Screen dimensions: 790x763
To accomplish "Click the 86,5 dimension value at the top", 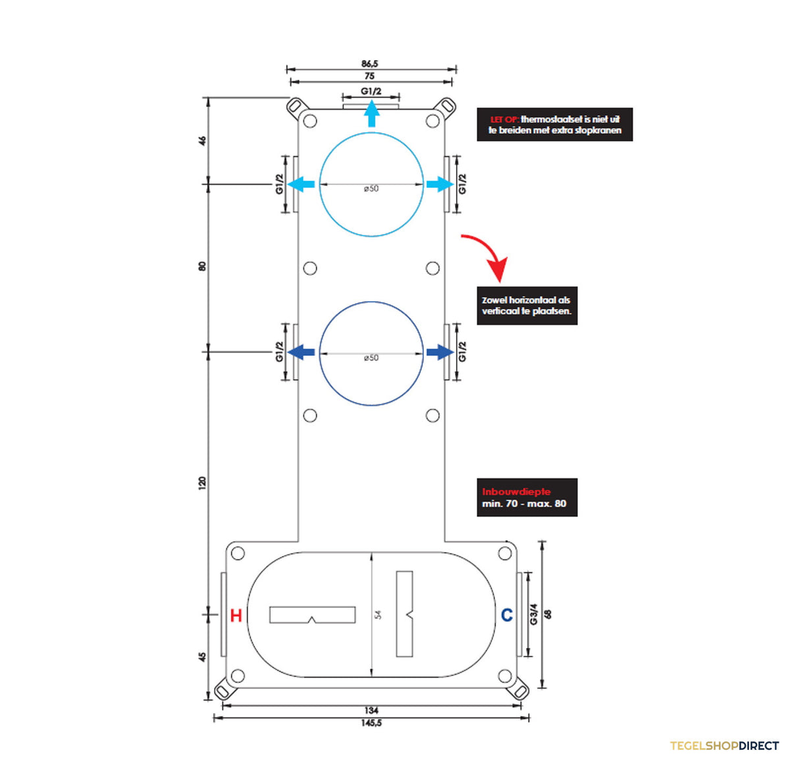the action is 370,63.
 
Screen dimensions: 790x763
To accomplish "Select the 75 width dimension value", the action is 369,76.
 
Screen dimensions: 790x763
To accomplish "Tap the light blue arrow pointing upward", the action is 371,113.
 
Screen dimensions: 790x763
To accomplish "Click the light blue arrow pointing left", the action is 301,184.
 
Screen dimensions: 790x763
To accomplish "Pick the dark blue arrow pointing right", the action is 440,353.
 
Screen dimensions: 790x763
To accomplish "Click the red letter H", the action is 236,616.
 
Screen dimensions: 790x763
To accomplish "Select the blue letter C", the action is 507,615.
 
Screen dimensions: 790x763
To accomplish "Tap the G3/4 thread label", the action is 533,614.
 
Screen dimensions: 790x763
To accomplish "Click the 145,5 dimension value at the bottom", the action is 371,723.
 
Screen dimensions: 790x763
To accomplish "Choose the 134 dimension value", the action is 371,710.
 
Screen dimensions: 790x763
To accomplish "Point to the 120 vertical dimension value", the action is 202,483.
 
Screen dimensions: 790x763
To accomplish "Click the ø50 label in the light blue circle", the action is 371,188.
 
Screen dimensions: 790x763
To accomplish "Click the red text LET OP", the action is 504,119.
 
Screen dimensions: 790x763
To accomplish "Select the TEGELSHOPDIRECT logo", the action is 724,746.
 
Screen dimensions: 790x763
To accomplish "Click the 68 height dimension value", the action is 548,614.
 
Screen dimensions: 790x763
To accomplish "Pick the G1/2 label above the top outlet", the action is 371,91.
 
